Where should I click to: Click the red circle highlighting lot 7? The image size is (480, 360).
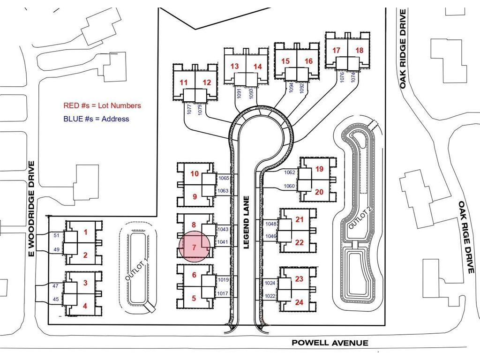(194, 246)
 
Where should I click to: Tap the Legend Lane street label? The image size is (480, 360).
(247, 222)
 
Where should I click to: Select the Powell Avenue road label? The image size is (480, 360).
(330, 343)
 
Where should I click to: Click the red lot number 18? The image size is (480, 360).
(360, 50)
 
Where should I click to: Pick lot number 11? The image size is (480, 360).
(184, 82)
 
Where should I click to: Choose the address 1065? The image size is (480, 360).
(224, 178)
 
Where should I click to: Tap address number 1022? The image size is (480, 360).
(270, 296)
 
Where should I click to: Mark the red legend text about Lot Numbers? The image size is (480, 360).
(102, 105)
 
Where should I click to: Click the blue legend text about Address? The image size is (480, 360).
(96, 119)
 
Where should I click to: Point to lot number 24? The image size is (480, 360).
(299, 302)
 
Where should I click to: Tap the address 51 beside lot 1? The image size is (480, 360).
(56, 235)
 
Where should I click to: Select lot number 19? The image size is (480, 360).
(319, 169)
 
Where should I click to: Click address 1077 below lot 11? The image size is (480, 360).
(189, 110)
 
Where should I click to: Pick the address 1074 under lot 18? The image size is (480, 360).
(353, 77)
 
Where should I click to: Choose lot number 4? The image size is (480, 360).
(85, 306)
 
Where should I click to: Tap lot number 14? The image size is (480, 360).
(258, 67)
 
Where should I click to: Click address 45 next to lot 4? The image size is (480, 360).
(56, 299)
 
